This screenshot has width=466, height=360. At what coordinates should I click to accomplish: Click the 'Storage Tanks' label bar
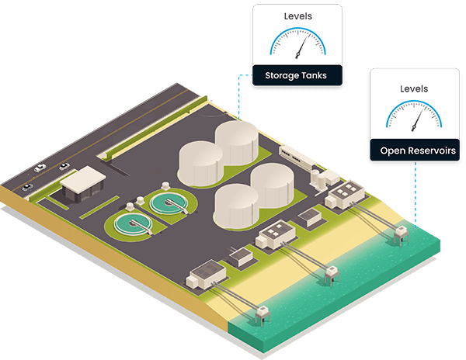pyautogui.click(x=295, y=75)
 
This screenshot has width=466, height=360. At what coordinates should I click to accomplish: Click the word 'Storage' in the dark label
pyautogui.click(x=280, y=75)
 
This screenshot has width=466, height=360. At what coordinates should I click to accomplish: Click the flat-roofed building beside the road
pyautogui.click(x=83, y=182)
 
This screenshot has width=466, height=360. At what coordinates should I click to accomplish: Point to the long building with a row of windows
pyautogui.click(x=298, y=157)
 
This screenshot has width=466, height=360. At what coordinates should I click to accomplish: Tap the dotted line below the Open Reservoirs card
pyautogui.click(x=412, y=194)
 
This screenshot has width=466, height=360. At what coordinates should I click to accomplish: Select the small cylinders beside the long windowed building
pyautogui.click(x=320, y=176)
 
